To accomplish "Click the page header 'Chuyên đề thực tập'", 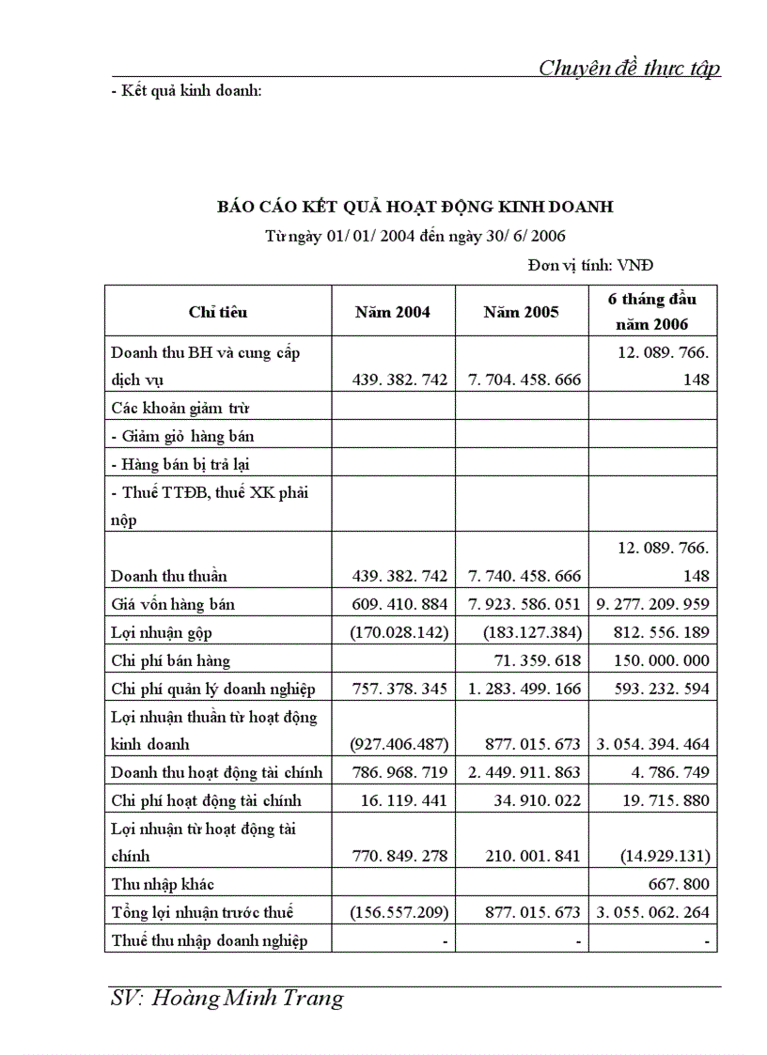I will click(x=629, y=68).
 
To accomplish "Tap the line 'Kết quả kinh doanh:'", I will click(x=185, y=91).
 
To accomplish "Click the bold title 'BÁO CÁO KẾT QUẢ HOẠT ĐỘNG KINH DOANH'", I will click(x=415, y=207).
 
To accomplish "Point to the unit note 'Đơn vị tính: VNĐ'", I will click(x=597, y=266).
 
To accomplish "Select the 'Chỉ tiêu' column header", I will click(x=218, y=312).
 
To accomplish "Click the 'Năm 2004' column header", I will click(x=393, y=312).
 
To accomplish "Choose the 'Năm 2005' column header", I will click(x=522, y=312).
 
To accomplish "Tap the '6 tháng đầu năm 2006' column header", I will click(x=652, y=312).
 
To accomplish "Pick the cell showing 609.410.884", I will click(x=399, y=604).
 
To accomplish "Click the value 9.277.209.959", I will click(x=652, y=604).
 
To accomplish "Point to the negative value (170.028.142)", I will click(x=399, y=632).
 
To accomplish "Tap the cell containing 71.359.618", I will click(x=537, y=660).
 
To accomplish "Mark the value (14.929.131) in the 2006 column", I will click(x=663, y=856).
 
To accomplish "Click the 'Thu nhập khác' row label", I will click(x=163, y=884).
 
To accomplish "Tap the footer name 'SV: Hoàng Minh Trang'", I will click(x=227, y=999).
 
